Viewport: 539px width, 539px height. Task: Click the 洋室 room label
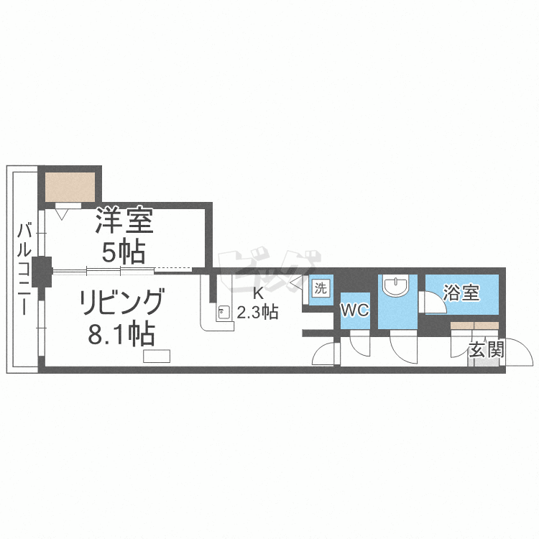124,221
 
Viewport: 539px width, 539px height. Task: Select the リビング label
121,301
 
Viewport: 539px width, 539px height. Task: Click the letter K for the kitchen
257,293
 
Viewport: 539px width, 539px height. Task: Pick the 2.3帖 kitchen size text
257,312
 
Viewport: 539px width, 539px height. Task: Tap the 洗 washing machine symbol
321,287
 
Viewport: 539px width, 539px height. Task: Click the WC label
355,310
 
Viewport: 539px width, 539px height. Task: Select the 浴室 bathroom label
461,292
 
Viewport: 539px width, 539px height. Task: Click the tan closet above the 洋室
70,187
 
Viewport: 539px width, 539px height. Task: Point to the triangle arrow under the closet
62,214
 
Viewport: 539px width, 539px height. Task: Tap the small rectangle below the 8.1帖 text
157,356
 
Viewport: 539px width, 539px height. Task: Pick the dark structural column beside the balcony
42,272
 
